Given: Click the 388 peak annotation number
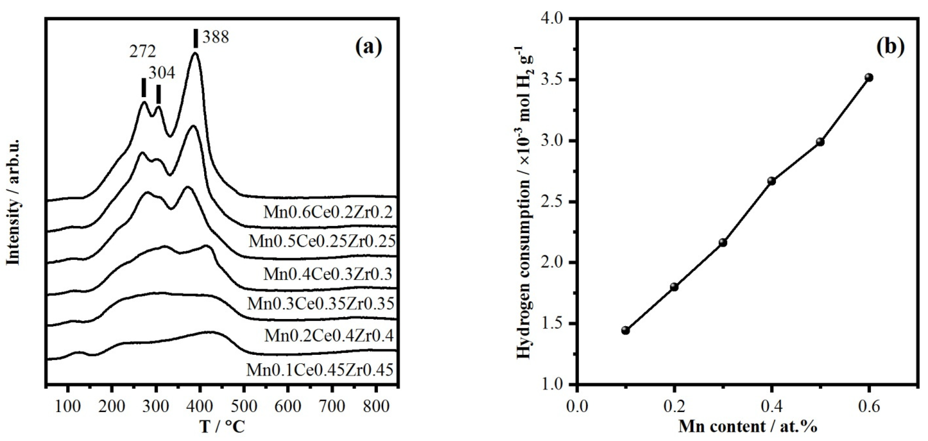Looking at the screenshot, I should (x=215, y=37).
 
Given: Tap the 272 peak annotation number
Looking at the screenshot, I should (x=143, y=52).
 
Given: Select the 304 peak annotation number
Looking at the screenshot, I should (x=162, y=73).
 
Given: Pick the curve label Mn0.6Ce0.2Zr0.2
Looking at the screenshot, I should (x=328, y=212).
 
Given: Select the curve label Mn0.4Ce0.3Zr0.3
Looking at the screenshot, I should (x=328, y=274).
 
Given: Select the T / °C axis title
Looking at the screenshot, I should (x=222, y=427).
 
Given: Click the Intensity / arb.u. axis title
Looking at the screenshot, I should (x=13, y=202).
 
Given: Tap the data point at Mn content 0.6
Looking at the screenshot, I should (x=869, y=78).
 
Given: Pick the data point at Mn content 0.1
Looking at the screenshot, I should (x=626, y=330).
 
